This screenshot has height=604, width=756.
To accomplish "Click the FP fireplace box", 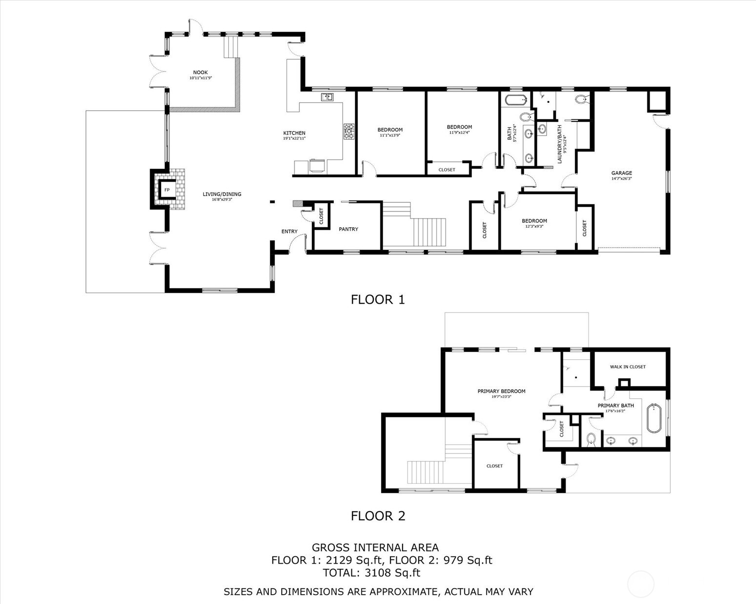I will (x=167, y=190).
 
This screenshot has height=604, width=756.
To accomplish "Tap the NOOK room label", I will (x=200, y=73).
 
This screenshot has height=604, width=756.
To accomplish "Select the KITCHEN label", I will (x=294, y=133).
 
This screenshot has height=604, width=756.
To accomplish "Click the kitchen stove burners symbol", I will (x=349, y=132).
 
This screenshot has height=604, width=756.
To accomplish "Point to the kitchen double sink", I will (x=327, y=97).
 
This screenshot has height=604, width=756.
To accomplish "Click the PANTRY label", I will (x=348, y=229).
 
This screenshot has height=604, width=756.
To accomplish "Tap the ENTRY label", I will (x=289, y=232).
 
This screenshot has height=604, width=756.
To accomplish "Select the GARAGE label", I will (x=621, y=173).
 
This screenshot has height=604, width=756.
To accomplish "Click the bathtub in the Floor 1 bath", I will (x=516, y=101).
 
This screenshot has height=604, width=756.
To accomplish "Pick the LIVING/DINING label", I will (x=222, y=194).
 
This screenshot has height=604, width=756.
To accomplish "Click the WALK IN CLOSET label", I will (x=628, y=367).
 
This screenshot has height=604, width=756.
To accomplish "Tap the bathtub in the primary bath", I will (x=654, y=418).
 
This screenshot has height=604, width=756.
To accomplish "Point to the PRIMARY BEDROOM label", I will (x=501, y=391).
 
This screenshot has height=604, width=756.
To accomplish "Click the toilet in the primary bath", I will (x=591, y=439).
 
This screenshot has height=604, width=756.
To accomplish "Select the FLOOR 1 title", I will (x=378, y=299).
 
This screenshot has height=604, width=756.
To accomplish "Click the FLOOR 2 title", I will (x=378, y=516).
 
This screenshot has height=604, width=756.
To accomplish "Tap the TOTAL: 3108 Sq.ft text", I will (x=371, y=573).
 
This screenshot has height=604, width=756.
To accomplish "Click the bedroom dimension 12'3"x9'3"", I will (x=534, y=226).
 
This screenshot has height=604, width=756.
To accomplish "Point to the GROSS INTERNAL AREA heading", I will (x=375, y=547).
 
